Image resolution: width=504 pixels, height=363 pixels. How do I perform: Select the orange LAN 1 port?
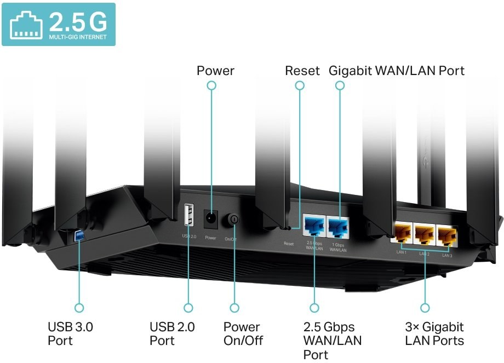tap(402, 234)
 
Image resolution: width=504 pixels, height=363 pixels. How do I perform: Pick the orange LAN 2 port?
tap(425, 234)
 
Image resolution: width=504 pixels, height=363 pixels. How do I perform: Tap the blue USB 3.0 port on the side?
tap(79, 235)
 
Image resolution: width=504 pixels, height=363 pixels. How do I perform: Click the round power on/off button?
tap(234, 220)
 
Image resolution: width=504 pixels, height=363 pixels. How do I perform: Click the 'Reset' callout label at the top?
tap(302, 71)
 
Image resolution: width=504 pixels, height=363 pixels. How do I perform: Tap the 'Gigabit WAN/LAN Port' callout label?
tap(397, 71)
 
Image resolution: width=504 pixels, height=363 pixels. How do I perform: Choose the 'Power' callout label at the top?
tap(215, 71)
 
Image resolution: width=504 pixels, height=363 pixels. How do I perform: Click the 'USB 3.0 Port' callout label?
tap(70, 334)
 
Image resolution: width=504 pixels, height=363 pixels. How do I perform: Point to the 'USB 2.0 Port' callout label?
tap(172, 334)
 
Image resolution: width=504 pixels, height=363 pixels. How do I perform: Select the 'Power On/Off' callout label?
tap(243, 334)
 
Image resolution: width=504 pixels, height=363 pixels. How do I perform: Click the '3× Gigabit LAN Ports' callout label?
tap(434, 334)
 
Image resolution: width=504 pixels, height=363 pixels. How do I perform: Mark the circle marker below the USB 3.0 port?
tap(79, 308)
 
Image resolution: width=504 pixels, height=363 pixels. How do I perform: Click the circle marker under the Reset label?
tap(299, 85)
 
